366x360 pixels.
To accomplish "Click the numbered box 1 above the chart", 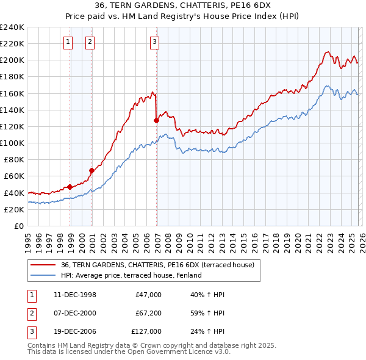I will pyautogui.click(x=67, y=42).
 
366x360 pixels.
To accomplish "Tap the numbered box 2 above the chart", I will pyautogui.click(x=90, y=42).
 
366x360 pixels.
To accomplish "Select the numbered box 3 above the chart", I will pyautogui.click(x=154, y=42).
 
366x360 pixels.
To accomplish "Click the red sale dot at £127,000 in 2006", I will pyautogui.click(x=157, y=121).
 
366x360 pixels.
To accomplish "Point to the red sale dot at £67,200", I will pyautogui.click(x=92, y=170).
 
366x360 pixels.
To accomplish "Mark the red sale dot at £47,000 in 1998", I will pyautogui.click(x=70, y=187).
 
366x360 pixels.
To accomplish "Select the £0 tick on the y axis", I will pyautogui.click(x=18, y=226).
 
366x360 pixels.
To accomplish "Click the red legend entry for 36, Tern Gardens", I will pyautogui.click(x=159, y=265).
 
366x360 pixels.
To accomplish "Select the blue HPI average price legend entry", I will pyautogui.click(x=131, y=275).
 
